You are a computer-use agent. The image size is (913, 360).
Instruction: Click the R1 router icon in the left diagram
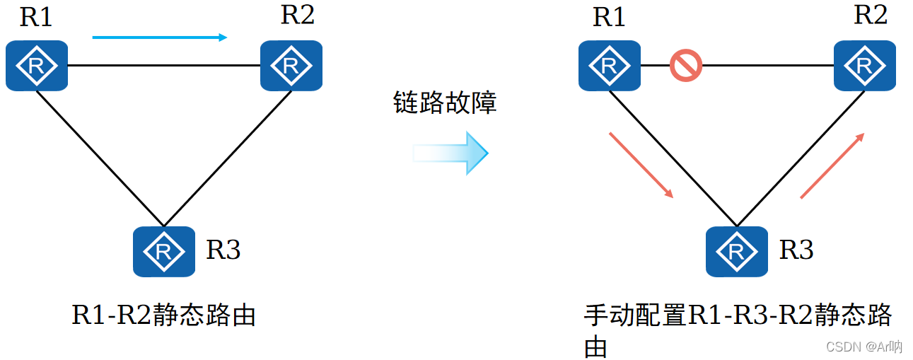tap(37, 66)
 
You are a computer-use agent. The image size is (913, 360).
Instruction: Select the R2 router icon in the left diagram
tap(291, 66)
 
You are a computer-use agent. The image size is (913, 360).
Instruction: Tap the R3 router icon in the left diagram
tap(164, 251)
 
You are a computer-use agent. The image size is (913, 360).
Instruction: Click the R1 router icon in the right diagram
tap(610, 66)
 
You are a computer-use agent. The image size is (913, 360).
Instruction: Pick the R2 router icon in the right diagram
tap(864, 66)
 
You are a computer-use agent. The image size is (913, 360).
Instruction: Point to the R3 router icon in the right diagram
tap(737, 251)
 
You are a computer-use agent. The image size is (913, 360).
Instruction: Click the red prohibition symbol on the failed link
tap(685, 66)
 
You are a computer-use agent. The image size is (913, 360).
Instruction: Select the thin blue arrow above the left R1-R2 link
tap(160, 37)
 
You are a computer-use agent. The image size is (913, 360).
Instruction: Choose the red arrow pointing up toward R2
tap(832, 166)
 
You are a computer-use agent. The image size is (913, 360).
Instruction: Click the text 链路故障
tap(445, 103)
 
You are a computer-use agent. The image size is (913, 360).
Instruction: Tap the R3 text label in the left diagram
tap(223, 250)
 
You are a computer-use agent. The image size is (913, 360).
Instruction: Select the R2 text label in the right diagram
tap(870, 16)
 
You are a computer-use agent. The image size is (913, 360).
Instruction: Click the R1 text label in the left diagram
tap(36, 17)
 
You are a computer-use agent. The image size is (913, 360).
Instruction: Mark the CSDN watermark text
tap(863, 347)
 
